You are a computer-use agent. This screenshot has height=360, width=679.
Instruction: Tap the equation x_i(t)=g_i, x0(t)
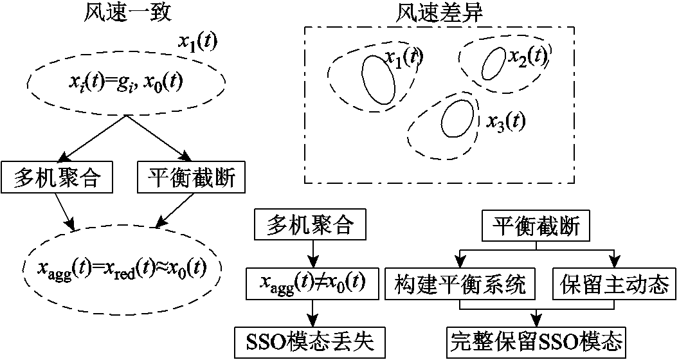(x=125, y=82)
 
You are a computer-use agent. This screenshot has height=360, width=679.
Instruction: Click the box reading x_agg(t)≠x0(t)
(x=312, y=283)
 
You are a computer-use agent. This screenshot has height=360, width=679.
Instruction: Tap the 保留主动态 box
(x=615, y=283)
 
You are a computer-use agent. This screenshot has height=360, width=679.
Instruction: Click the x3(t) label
(x=505, y=123)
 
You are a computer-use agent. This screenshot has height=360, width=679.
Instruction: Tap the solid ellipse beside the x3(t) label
(x=457, y=119)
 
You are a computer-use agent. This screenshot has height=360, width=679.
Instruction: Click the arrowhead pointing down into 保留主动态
(x=615, y=263)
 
